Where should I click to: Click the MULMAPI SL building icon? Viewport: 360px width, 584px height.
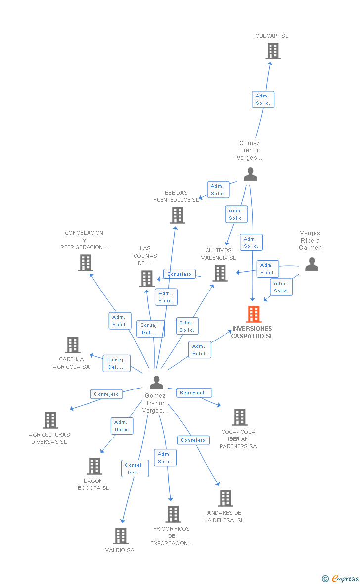(x=272, y=51)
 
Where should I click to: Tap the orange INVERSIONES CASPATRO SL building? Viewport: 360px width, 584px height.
(x=253, y=314)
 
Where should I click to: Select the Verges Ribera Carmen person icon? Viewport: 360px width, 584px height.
(x=311, y=264)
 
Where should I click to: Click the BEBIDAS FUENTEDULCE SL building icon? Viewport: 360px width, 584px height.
(x=178, y=215)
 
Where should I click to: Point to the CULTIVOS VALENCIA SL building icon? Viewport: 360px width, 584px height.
(x=220, y=273)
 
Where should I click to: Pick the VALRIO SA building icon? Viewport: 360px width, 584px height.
(x=121, y=535)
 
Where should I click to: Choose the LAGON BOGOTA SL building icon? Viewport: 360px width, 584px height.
(x=94, y=466)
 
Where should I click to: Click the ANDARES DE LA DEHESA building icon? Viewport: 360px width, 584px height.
(x=225, y=498)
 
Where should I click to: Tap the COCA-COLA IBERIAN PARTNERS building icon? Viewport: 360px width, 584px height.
(x=240, y=417)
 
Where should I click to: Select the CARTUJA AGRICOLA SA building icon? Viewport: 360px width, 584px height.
(x=73, y=345)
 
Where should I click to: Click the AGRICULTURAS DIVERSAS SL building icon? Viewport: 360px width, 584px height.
(x=50, y=420)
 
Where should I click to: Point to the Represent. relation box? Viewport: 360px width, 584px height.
(x=194, y=393)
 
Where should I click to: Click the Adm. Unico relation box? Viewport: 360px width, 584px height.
(x=121, y=426)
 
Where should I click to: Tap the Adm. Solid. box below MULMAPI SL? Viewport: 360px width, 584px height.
(x=263, y=99)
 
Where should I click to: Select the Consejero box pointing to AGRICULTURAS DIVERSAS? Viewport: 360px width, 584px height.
(x=106, y=394)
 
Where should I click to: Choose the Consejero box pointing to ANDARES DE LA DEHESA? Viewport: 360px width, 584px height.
(x=193, y=440)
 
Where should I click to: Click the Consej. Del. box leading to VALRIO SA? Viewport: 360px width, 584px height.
(x=135, y=469)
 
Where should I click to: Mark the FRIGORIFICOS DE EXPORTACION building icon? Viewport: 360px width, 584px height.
(x=173, y=514)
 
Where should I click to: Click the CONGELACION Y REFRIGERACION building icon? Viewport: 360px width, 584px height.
(x=85, y=263)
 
